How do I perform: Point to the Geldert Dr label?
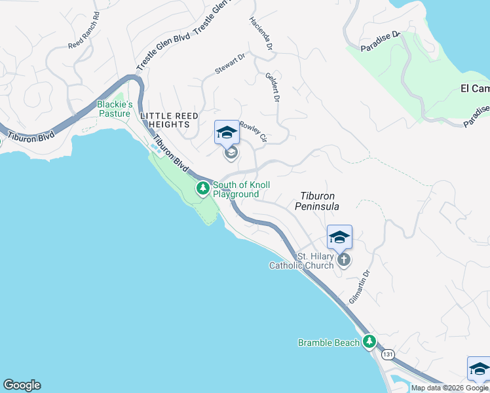click(273, 86)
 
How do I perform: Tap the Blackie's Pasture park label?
click(115, 109)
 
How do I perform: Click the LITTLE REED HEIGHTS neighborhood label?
click(169, 119)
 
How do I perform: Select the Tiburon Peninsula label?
click(320, 201)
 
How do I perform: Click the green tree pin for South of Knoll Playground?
click(203, 189)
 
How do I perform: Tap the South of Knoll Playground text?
click(240, 190)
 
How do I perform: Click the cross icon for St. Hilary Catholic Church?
click(343, 260)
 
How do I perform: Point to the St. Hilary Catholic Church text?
click(302, 261)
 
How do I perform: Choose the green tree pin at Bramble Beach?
click(370, 342)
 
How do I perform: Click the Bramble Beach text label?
click(329, 343)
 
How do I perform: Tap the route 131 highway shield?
click(388, 354)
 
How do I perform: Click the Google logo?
click(22, 385)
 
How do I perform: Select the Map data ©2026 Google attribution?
click(449, 388)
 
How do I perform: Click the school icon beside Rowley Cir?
click(227, 133)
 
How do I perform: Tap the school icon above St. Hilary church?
click(339, 237)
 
